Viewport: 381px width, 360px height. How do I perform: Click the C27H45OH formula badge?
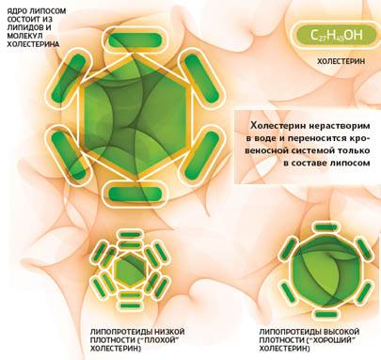click(336, 35)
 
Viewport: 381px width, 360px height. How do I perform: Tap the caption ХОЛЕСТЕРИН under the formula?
click(341, 61)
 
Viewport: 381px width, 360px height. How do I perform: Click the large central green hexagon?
click(135, 117)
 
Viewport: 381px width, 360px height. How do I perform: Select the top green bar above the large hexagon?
click(135, 40)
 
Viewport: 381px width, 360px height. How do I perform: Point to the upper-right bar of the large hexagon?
click(201, 79)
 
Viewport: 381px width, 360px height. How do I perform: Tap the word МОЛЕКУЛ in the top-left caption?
click(24, 36)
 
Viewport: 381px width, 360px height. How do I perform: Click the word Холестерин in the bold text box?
click(275, 126)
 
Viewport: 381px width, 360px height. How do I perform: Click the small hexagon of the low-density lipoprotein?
click(129, 269)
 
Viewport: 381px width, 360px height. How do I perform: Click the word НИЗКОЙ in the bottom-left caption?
click(170, 332)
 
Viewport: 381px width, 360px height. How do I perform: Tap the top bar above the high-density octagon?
click(326, 227)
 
